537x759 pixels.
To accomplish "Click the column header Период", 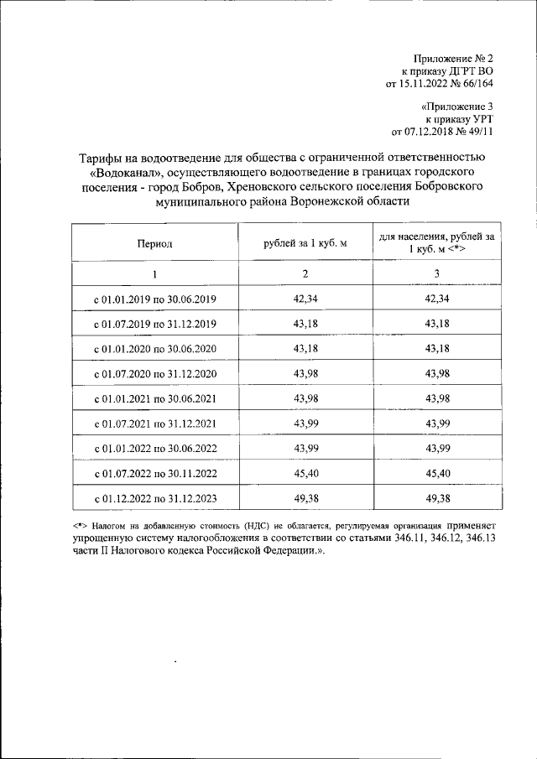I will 155,243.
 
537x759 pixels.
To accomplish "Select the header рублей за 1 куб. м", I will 305,243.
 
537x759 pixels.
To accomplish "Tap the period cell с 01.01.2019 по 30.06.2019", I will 155,299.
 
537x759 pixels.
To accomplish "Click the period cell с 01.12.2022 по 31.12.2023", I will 155,498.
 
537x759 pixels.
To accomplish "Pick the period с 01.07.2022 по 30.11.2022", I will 155,474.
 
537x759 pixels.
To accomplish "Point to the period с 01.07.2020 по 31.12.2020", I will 155,373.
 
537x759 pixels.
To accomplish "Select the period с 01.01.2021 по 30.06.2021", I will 155,398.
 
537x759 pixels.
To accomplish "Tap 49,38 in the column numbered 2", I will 305,498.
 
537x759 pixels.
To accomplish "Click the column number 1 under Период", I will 155,274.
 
